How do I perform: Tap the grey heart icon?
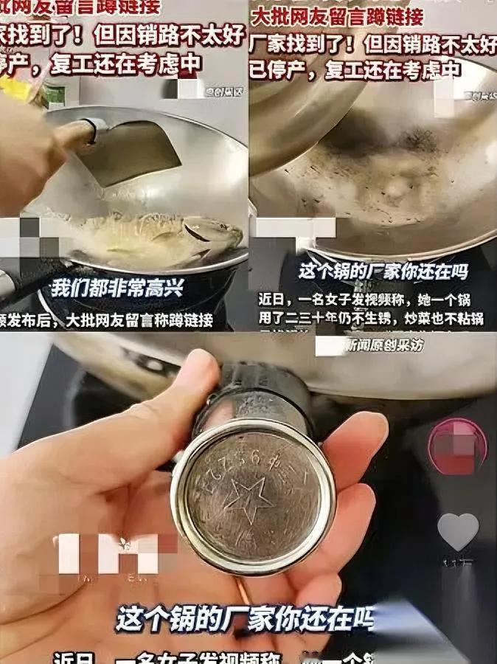[457, 532]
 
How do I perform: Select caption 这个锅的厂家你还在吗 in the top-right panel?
[383, 271]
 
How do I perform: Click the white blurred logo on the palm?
[107, 553]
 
